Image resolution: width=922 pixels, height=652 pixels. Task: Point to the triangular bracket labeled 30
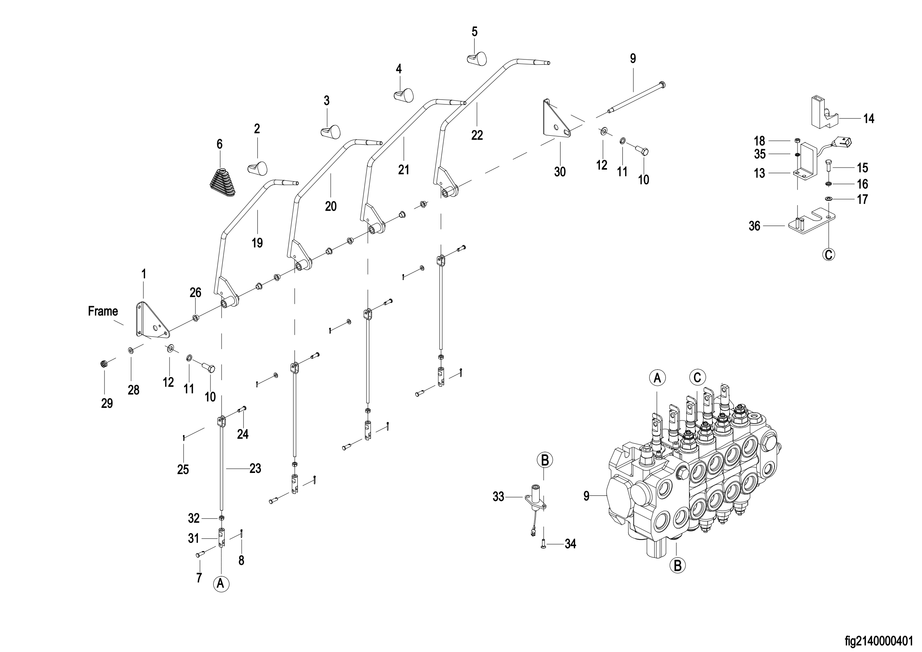click(556, 122)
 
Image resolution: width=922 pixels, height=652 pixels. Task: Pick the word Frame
click(103, 311)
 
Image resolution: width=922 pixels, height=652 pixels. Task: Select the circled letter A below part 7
click(221, 583)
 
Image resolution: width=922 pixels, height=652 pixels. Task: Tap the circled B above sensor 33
click(545, 460)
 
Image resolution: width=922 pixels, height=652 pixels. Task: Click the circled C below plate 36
click(829, 254)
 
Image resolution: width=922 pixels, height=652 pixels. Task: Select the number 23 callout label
click(255, 469)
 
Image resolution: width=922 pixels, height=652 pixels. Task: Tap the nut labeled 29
click(103, 364)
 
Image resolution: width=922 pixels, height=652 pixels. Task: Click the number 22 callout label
click(477, 135)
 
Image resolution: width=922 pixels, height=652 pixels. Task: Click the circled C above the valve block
click(698, 377)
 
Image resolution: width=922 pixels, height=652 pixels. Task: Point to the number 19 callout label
click(257, 243)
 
